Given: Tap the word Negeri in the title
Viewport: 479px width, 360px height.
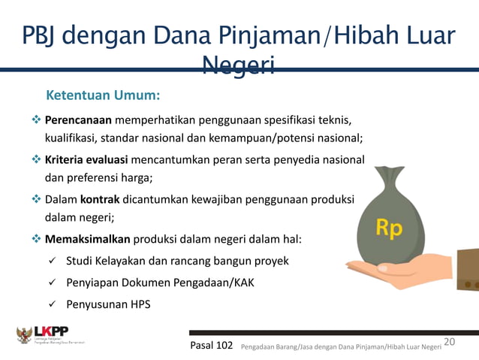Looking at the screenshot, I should tap(238, 67).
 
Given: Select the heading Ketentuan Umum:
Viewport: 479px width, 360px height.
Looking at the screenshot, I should tap(104, 96).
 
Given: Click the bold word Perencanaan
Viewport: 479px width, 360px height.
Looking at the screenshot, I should tap(78, 120).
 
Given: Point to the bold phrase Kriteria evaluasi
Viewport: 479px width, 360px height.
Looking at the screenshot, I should tap(86, 160).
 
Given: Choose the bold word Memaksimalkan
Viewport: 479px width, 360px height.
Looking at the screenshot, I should tap(88, 240).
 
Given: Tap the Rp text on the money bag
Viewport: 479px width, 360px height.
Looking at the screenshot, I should tap(389, 228).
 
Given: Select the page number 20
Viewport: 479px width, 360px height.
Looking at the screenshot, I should tap(450, 342).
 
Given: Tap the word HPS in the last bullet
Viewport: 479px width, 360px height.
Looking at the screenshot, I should tap(139, 304).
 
